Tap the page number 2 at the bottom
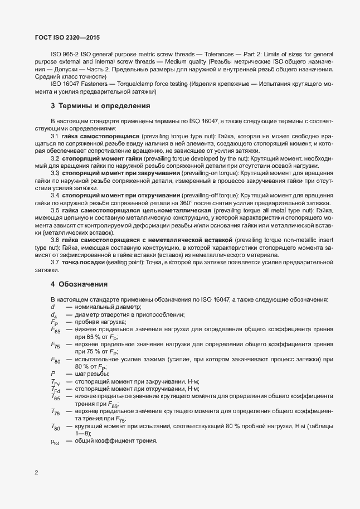coord(37,473)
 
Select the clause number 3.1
coord(56,135)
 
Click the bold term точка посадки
coord(84,263)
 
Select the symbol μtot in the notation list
coord(55,442)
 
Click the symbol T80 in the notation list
coord(55,427)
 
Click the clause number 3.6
coord(56,240)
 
